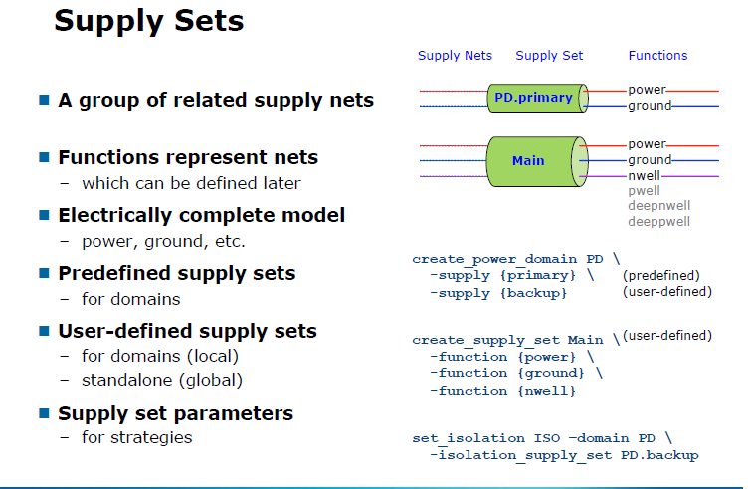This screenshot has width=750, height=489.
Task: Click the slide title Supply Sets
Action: click(x=148, y=21)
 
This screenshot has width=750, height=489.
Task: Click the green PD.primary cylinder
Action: click(x=533, y=98)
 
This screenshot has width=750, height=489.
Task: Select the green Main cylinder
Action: click(x=528, y=160)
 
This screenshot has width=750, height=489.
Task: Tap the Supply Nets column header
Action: click(x=455, y=56)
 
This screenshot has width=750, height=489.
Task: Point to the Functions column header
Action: click(x=657, y=56)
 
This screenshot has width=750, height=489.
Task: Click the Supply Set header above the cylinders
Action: click(x=549, y=56)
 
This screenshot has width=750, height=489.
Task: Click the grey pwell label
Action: click(x=645, y=190)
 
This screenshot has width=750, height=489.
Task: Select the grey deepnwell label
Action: click(x=658, y=205)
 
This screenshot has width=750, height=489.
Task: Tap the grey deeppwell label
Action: click(x=658, y=220)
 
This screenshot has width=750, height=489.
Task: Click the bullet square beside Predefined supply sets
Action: click(x=44, y=274)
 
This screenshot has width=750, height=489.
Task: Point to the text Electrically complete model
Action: click(x=202, y=215)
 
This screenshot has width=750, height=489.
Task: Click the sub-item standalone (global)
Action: click(x=162, y=379)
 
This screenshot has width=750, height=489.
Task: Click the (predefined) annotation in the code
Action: click(x=661, y=275)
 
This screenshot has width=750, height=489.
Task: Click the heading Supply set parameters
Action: click(x=176, y=413)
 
